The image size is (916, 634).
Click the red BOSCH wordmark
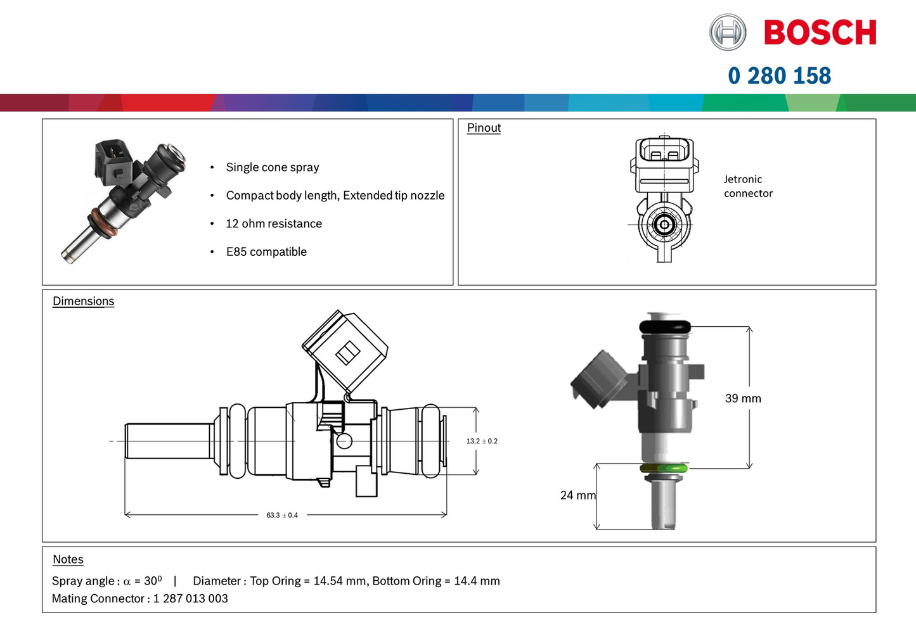click(x=820, y=32)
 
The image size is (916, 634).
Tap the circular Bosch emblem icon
click(x=727, y=32)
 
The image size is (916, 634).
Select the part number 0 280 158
click(x=779, y=76)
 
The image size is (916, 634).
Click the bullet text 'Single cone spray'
click(x=272, y=167)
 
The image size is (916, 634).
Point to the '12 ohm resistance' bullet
click(x=273, y=224)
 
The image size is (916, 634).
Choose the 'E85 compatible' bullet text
click(x=266, y=251)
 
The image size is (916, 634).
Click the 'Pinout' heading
click(x=484, y=128)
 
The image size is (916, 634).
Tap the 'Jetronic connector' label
click(x=748, y=186)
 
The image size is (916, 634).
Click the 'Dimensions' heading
click(x=83, y=301)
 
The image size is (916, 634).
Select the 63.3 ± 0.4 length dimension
click(x=282, y=515)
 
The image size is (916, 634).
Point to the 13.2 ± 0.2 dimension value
click(x=482, y=441)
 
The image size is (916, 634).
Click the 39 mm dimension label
click(x=743, y=398)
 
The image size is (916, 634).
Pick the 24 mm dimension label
click(x=577, y=495)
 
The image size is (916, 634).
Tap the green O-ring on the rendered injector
click(x=664, y=469)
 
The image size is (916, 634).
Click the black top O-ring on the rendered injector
click(x=664, y=327)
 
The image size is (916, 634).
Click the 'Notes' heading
click(x=68, y=559)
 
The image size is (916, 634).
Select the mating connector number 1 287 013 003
click(x=190, y=599)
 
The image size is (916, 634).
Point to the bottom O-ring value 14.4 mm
click(x=477, y=581)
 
